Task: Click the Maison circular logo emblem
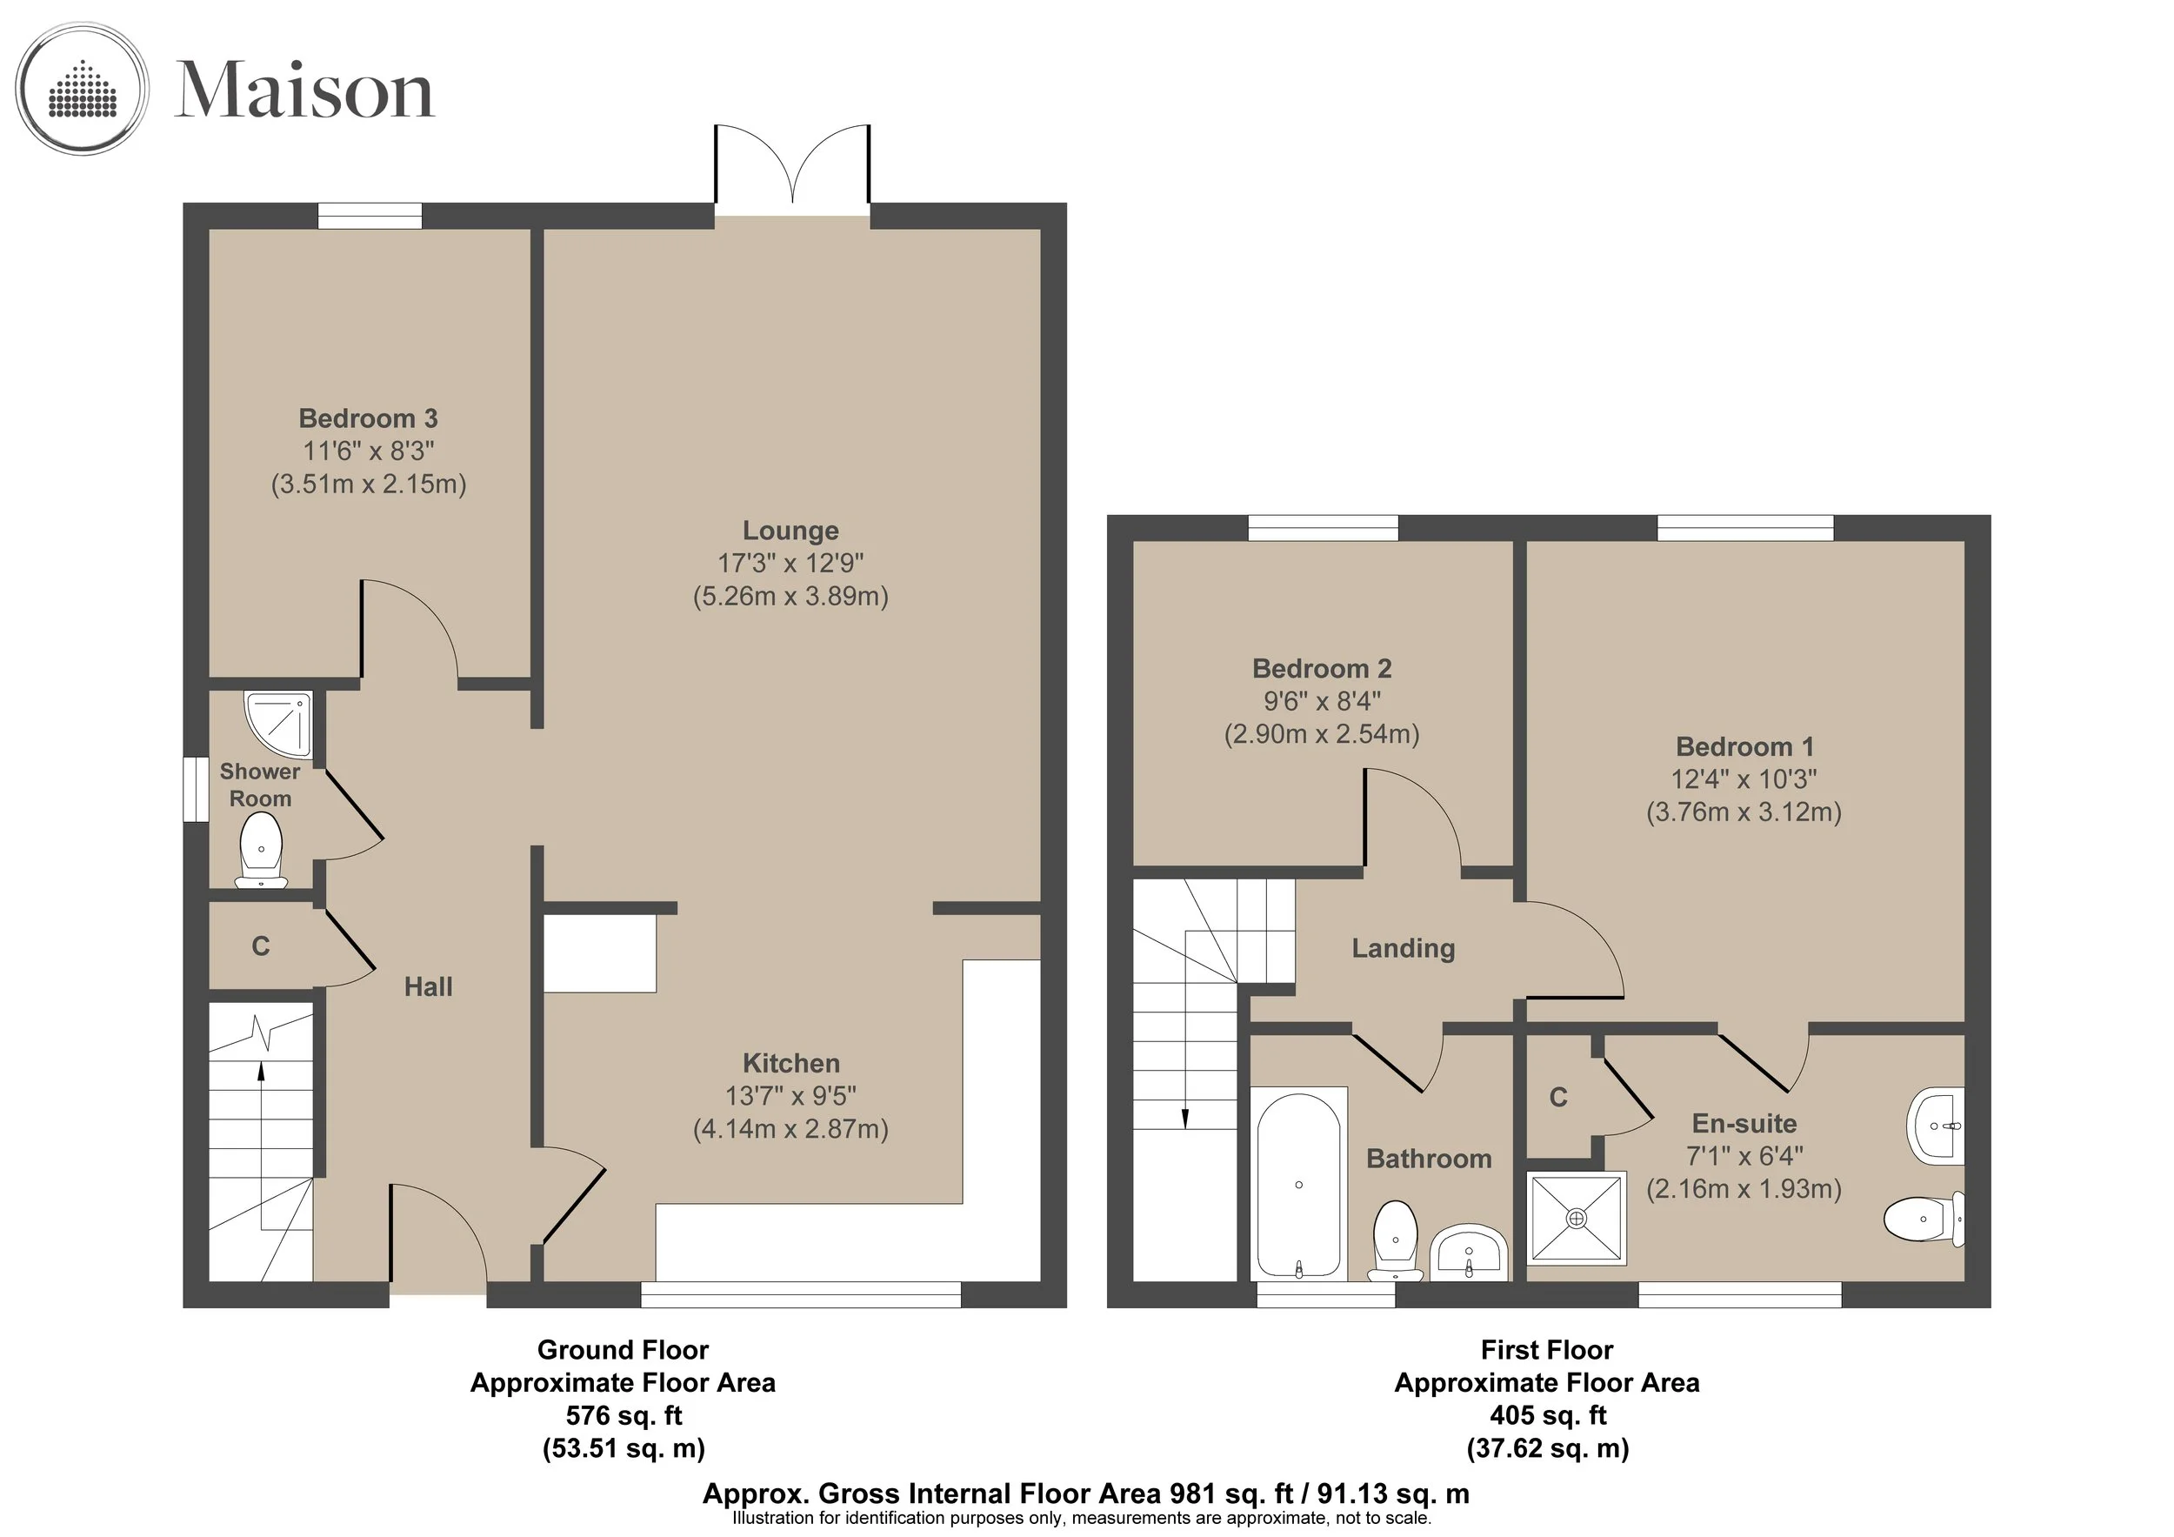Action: [x=83, y=89]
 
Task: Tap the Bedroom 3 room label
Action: [x=369, y=418]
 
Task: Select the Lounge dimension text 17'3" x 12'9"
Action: [x=790, y=564]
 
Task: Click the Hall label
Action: [x=428, y=986]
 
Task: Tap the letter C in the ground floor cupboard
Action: [x=260, y=946]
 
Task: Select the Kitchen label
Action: [x=790, y=1063]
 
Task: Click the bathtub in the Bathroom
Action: [x=1299, y=1184]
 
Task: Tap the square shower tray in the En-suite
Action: [x=1577, y=1219]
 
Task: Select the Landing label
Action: [x=1404, y=948]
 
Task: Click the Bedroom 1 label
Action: [x=1745, y=746]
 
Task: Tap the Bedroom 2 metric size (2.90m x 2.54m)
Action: [x=1322, y=734]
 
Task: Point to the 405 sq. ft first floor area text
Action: [x=1548, y=1416]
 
